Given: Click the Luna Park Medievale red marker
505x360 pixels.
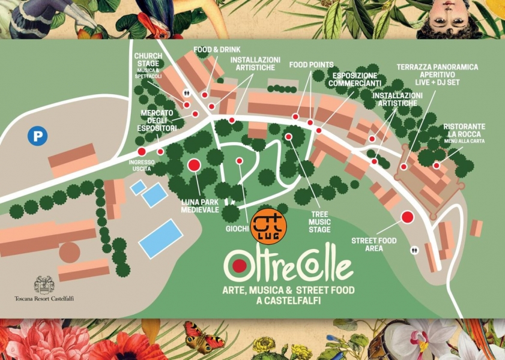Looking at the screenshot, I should tap(194, 165).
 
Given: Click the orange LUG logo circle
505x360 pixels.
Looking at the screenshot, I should tap(268, 226).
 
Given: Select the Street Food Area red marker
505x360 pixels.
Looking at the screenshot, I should tap(408, 217).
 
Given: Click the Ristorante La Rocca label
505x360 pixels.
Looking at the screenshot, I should tap(464, 130).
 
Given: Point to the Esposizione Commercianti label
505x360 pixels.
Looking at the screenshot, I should tap(354, 80).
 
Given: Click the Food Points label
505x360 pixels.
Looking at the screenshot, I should tap(311, 65).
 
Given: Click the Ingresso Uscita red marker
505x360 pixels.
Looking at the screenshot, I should tap(142, 152).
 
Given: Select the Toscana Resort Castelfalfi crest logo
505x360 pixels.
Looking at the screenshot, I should tap(44, 284).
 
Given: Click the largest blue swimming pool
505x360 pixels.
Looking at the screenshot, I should tap(160, 238).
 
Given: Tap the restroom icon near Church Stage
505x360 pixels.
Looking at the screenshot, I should tap(187, 93).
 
